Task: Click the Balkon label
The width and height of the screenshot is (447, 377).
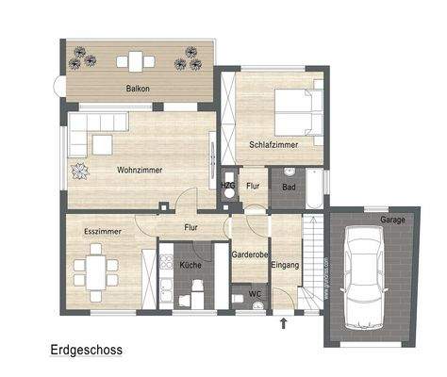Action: tap(138, 90)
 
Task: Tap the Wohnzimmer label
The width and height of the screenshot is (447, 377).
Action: tap(140, 170)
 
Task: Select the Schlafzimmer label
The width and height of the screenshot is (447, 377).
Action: tap(273, 145)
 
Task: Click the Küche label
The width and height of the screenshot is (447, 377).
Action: tap(190, 267)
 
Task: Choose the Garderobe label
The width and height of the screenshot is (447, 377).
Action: tap(250, 254)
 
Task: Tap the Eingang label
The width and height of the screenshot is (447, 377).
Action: tap(285, 266)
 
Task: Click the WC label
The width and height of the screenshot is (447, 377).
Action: tap(255, 294)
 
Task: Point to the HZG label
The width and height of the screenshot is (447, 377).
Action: tap(228, 187)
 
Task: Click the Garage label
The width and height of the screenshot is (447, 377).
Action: tap(392, 220)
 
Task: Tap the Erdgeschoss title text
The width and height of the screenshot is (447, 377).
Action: tap(86, 349)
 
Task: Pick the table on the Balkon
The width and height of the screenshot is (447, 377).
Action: tap(137, 62)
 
